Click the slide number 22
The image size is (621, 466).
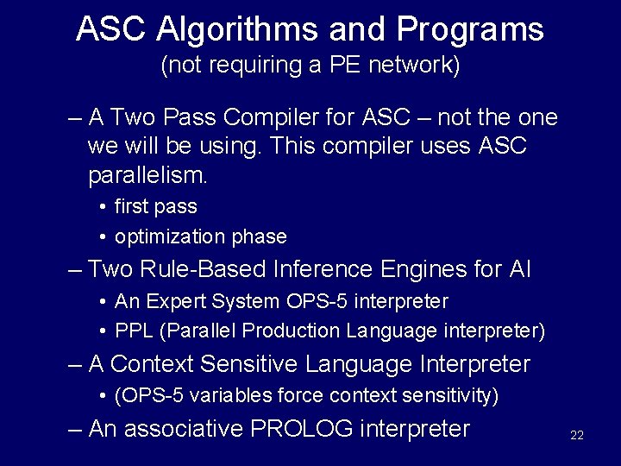577,435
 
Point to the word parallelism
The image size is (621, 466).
147,176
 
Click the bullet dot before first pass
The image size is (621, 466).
103,207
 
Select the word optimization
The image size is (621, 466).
169,236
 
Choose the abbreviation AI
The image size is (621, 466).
519,269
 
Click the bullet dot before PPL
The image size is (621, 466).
103,331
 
